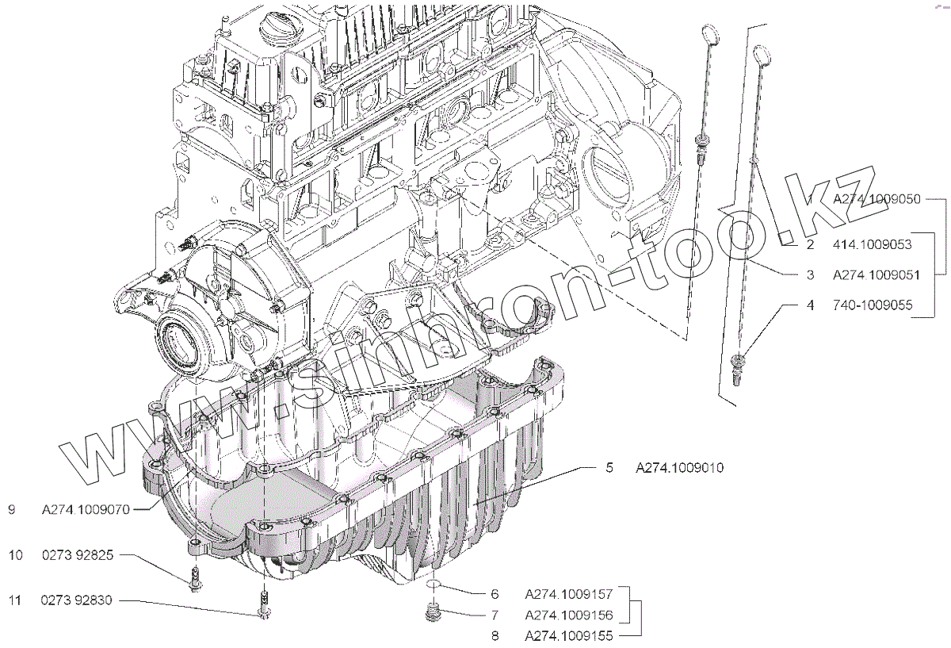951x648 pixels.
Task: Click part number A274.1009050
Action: point(876,200)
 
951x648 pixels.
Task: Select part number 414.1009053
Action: point(871,245)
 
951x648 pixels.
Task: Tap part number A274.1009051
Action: point(876,275)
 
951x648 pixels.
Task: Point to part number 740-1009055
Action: point(871,305)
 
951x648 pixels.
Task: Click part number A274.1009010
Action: point(679,468)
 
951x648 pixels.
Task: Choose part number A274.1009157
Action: point(569,593)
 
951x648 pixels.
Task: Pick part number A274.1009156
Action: point(569,615)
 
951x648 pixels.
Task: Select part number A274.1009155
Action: point(569,635)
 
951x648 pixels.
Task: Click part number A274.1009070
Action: point(86,510)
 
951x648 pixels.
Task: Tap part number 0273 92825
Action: point(78,556)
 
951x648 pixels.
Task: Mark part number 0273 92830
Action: point(78,601)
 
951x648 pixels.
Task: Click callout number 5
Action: point(609,468)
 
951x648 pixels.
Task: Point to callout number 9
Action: point(11,510)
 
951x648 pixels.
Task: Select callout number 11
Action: point(15,601)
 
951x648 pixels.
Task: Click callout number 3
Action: point(810,275)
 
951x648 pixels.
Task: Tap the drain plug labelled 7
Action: point(432,613)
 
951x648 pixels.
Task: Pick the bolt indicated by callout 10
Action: point(196,580)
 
